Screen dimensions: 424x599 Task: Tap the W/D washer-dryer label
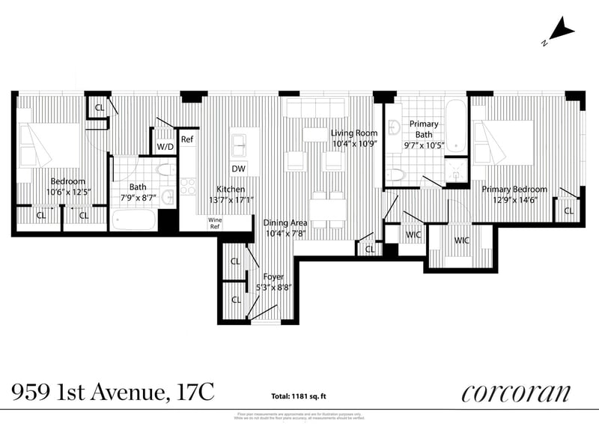(x=165, y=147)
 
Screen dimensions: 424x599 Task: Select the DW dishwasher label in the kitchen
(x=239, y=169)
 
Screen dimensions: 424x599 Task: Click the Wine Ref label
(x=214, y=222)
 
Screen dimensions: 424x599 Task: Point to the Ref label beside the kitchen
(x=187, y=139)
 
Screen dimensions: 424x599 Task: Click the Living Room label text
(x=354, y=133)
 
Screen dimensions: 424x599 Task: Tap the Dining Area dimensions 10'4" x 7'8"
(x=285, y=234)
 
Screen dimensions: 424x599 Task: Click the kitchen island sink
(x=240, y=142)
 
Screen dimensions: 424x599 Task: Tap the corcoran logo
(x=516, y=393)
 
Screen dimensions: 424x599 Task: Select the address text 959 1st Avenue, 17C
(x=112, y=392)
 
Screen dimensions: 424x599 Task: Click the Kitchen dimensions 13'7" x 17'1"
(x=231, y=200)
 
